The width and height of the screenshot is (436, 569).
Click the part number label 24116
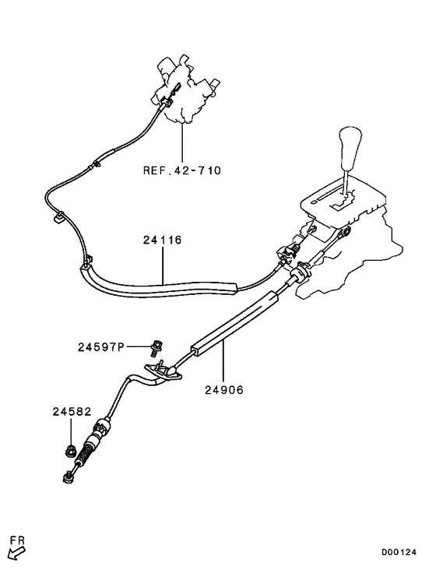pos(162,241)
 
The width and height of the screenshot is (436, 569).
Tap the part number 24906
pos(224,390)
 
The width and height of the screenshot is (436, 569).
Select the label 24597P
pos(100,347)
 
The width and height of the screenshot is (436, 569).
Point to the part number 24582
pos(72,412)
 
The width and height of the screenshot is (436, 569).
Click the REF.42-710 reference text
pos(182,170)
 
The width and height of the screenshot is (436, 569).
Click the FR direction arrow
pos(16,553)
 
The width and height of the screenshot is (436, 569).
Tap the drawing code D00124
pos(399,553)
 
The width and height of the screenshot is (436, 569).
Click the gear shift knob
pos(350,148)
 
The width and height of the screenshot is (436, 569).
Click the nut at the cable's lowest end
pos(67,478)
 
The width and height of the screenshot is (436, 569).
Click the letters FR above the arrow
pos(17,540)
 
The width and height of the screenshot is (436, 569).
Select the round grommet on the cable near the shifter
pos(301,271)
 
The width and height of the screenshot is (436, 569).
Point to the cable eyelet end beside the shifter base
pos(346,231)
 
